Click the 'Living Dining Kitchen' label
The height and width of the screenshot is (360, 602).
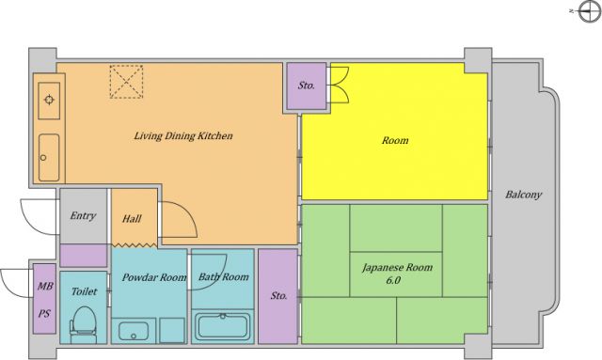pos(183,136)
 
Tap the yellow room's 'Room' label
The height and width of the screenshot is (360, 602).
pos(395,140)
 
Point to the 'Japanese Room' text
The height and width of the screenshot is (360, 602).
pos(397,268)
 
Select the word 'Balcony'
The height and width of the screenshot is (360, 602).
pos(523,195)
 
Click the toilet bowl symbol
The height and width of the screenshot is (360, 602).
pos(84,324)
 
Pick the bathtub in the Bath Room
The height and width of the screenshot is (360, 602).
pos(223,326)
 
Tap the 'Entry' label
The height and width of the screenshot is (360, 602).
pos(83,215)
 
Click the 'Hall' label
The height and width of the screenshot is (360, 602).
pos(132,219)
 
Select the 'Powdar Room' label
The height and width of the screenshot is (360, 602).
pos(154,277)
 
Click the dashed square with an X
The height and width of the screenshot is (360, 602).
pos(126,82)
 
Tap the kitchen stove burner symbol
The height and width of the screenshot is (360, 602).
pos(49,101)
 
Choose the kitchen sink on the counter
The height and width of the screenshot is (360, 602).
pos(49,157)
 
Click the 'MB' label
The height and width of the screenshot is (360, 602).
pos(45,286)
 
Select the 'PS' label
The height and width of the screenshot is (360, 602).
pos(44,314)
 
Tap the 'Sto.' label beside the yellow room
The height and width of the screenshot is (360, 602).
pos(306,86)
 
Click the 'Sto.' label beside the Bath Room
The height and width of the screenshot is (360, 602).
pos(278,295)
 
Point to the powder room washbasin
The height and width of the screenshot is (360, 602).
pos(134,331)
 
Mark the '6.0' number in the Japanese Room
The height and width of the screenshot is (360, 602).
pos(393,280)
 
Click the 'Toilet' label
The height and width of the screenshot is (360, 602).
pos(84,291)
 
